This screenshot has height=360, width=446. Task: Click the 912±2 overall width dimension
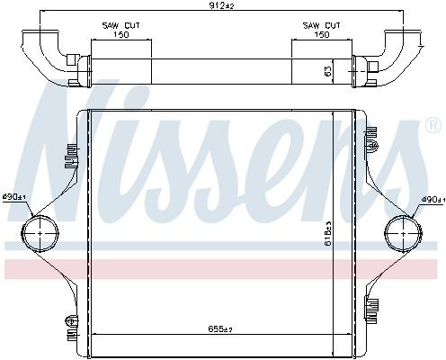tap(221, 5)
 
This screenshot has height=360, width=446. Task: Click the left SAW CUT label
tap(121, 25)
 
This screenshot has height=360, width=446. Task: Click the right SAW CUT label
tap(322, 25)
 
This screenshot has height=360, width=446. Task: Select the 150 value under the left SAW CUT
tap(121, 35)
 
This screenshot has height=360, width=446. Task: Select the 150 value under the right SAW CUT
tap(322, 35)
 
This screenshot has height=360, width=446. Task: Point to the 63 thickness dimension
tap(328, 71)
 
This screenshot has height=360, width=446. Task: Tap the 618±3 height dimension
tap(328, 233)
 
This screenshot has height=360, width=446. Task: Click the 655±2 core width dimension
tap(220, 329)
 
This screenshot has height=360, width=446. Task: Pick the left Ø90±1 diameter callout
tap(14, 197)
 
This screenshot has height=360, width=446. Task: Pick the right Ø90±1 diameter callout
tap(432, 200)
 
